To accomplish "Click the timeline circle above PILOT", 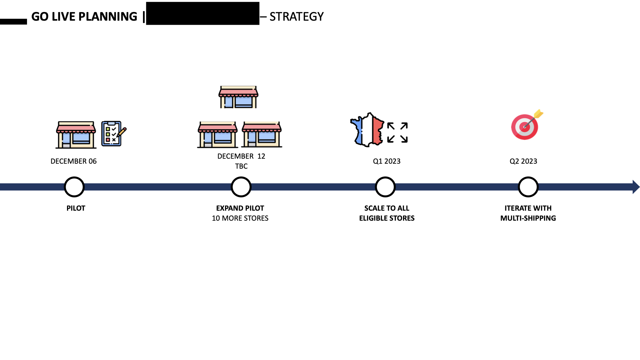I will (74, 187).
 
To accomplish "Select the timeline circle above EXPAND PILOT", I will (241, 187).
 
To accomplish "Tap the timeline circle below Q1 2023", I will (385, 187).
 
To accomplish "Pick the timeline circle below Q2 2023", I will (528, 187).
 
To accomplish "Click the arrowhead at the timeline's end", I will (636, 187).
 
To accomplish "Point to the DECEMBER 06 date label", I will (73, 161).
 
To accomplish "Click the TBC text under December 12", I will (241, 166).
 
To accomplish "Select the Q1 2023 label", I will (387, 161).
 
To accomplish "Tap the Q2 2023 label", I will (523, 161).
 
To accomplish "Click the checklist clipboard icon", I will (113, 134).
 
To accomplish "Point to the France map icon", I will (367, 130).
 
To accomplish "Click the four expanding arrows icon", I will (397, 132).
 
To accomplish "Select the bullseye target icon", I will (525, 126).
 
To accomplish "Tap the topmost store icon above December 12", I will (238, 97).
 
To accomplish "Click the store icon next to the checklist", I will (76, 135).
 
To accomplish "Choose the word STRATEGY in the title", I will (296, 17).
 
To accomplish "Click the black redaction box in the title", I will (203, 13).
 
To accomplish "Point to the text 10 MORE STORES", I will (240, 218).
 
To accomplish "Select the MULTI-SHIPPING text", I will (528, 218).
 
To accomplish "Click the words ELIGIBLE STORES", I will (387, 218).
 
